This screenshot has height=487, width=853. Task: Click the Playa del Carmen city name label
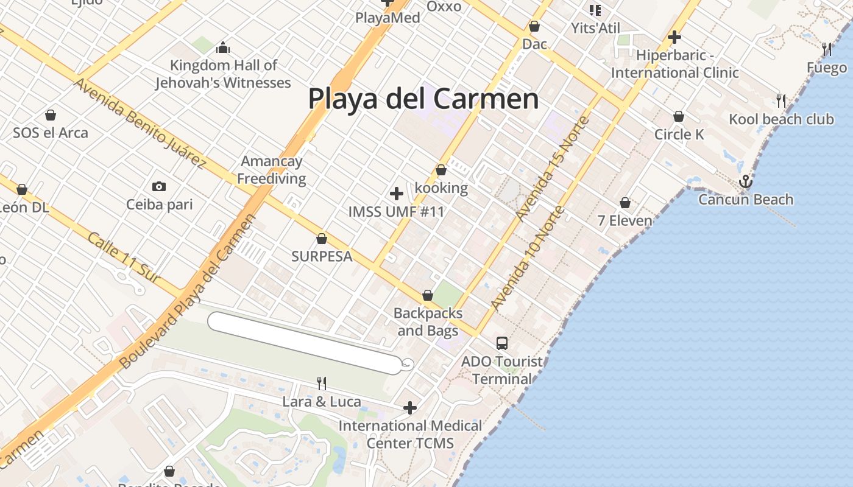coord(423,99)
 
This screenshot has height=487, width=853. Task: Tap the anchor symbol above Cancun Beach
coord(745,181)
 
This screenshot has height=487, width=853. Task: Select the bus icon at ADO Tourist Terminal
coord(501,343)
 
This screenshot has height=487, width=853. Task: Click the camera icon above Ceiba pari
coord(159,186)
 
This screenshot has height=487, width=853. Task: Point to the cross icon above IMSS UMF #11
coord(397,194)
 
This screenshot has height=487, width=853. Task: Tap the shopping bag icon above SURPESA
coord(322,239)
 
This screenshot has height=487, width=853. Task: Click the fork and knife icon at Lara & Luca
coord(322,384)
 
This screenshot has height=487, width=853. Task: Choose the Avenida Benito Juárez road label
coord(140,122)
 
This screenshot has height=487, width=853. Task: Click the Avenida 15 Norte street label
coord(553,168)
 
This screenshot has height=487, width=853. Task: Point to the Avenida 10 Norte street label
coord(528,258)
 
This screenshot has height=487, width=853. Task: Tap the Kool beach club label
coord(781,119)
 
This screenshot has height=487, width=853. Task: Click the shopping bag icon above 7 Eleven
coord(625,203)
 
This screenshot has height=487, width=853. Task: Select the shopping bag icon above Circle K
coord(679,116)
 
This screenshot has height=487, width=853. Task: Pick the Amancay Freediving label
coord(272,170)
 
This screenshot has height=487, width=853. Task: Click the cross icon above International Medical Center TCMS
coord(410,407)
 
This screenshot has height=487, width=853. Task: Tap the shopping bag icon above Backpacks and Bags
coord(428,296)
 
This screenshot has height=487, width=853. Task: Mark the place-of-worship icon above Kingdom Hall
coord(223,47)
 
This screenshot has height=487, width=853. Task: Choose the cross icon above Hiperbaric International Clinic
coord(674,37)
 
